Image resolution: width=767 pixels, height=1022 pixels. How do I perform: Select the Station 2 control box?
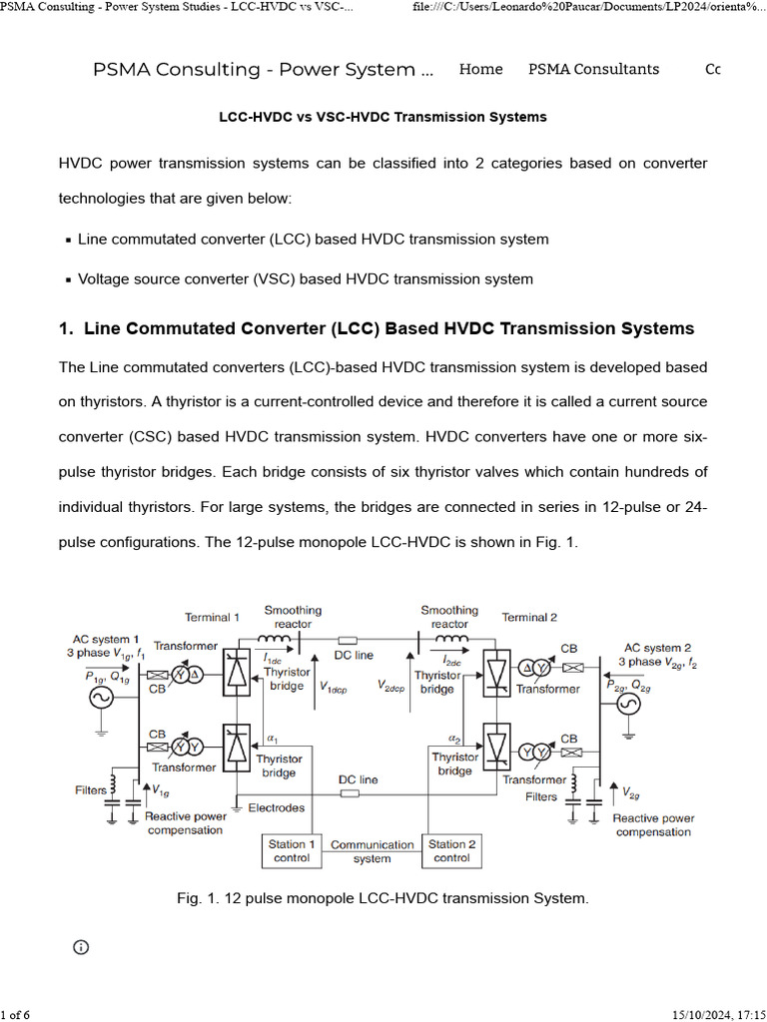pyautogui.click(x=451, y=850)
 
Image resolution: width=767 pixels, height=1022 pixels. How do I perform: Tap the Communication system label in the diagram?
pyautogui.click(x=372, y=851)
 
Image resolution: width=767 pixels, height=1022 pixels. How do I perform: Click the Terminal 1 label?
pyautogui.click(x=212, y=618)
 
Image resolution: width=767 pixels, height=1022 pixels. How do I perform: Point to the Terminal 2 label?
pyautogui.click(x=529, y=618)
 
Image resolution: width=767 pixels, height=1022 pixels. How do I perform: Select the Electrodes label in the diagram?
pyautogui.click(x=277, y=807)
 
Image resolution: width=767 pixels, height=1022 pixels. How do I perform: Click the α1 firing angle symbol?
pyautogui.click(x=271, y=739)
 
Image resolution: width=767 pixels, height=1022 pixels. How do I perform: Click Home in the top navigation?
pyautogui.click(x=480, y=70)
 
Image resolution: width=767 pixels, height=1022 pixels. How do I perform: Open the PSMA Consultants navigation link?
pyautogui.click(x=593, y=70)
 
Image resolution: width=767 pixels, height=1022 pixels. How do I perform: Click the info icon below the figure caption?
pyautogui.click(x=81, y=946)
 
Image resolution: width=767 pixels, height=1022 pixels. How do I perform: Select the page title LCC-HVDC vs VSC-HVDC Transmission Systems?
pyautogui.click(x=383, y=117)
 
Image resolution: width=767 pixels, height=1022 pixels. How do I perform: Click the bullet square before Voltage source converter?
pyautogui.click(x=67, y=280)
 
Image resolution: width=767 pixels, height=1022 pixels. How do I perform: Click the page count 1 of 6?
pyautogui.click(x=16, y=1015)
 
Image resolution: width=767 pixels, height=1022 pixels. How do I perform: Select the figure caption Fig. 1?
pyautogui.click(x=383, y=898)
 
